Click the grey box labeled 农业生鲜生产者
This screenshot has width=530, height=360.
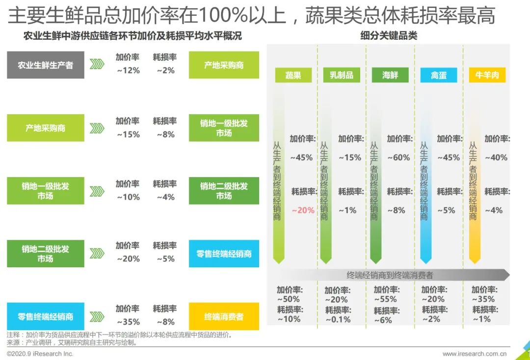[46, 65]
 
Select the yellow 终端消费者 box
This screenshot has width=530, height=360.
[224, 316]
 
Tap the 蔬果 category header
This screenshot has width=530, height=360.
[293, 75]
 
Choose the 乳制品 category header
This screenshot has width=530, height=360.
[342, 75]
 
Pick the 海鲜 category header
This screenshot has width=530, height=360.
[390, 75]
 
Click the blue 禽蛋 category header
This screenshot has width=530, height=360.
[438, 75]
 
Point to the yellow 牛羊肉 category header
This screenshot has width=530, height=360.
[487, 75]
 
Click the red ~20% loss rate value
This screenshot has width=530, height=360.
[303, 210]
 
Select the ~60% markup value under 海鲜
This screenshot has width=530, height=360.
[398, 157]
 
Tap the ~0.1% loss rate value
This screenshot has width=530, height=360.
[338, 319]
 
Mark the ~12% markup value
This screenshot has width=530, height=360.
[128, 71]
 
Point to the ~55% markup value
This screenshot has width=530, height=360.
[386, 299]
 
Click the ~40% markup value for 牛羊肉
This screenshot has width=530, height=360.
[496, 157]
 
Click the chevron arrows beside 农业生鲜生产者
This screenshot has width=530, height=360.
[97, 65]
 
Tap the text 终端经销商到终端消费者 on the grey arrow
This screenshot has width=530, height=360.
[390, 275]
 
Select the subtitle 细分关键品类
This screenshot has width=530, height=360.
[389, 36]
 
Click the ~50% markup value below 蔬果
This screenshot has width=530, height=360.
[288, 299]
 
